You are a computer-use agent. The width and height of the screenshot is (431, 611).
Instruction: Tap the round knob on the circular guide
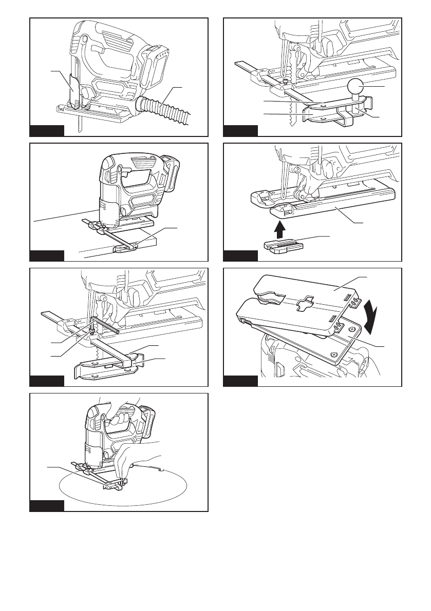355,88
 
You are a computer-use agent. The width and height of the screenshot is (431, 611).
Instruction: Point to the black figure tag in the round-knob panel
240,130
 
